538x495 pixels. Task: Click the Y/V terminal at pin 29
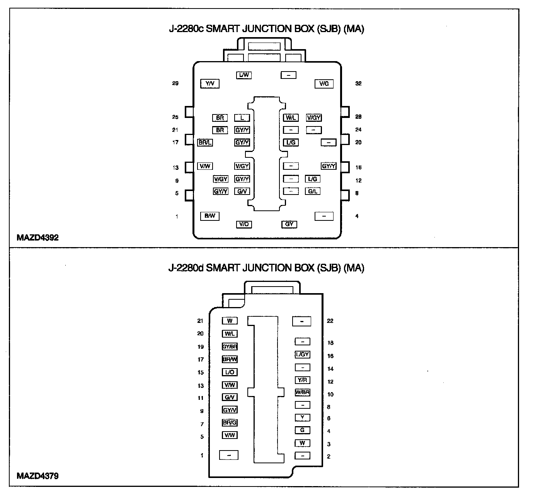(210, 84)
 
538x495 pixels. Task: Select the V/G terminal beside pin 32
(324, 84)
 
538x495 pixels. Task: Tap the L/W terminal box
(244, 75)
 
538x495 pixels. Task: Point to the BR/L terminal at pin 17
(205, 143)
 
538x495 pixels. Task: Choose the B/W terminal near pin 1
(210, 216)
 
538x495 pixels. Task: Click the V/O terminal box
(244, 224)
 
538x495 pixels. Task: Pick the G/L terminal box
(312, 191)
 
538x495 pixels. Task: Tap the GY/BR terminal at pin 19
(230, 347)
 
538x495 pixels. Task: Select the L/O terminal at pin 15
(230, 372)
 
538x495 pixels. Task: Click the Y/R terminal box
(303, 380)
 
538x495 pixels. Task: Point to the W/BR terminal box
(303, 393)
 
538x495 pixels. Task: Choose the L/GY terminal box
(303, 355)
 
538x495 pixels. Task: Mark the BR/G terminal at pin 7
(230, 423)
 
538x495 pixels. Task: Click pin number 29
(175, 84)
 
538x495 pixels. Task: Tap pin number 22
(330, 321)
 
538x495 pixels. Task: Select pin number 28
(358, 117)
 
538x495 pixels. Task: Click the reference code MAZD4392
(37, 237)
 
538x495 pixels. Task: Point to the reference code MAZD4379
(37, 476)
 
